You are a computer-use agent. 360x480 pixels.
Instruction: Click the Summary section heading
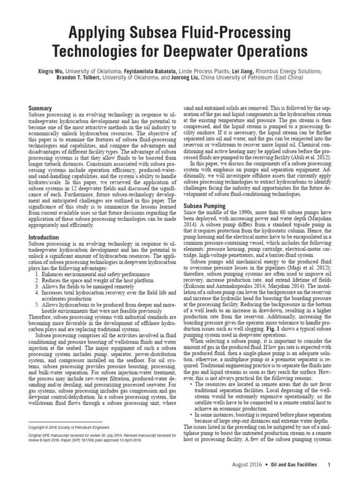click(40, 108)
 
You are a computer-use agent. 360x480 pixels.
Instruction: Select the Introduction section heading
click(44, 238)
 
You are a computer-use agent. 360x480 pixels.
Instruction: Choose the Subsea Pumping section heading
click(204, 206)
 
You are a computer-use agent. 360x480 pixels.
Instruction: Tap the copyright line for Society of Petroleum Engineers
click(69, 428)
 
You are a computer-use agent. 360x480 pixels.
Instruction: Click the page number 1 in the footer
click(329, 465)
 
